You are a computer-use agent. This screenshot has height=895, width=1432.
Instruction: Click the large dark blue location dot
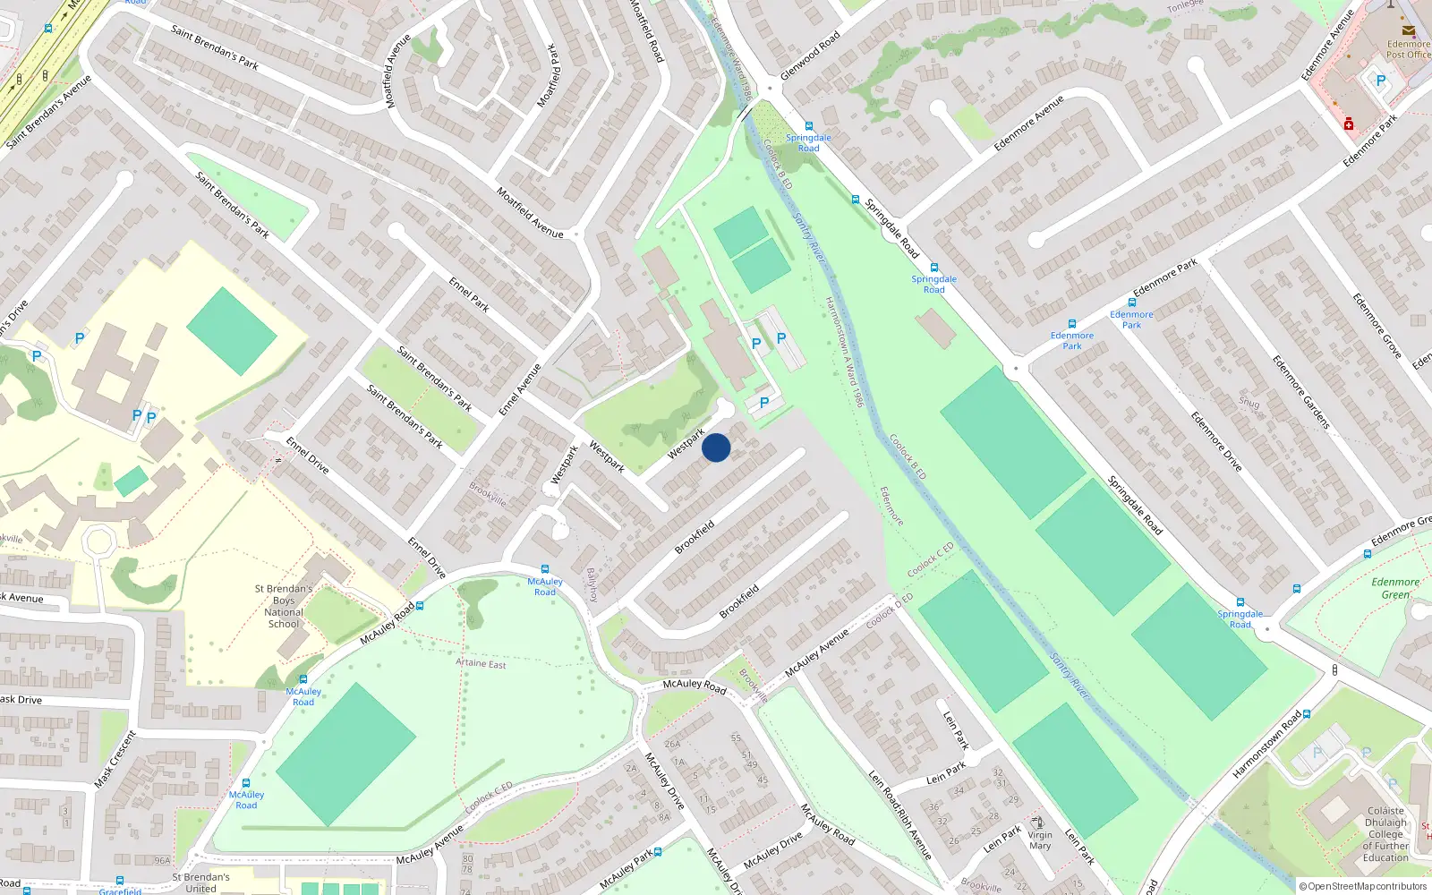click(x=716, y=447)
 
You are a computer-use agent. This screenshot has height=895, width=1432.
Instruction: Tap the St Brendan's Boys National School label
click(x=284, y=607)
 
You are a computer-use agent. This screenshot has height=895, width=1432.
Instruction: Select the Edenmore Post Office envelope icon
click(x=1409, y=30)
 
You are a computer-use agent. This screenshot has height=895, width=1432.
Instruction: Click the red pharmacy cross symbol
click(x=1349, y=124)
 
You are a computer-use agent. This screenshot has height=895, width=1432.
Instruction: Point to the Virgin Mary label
click(x=1040, y=840)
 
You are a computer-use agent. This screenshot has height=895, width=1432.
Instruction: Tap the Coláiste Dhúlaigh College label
click(x=1385, y=834)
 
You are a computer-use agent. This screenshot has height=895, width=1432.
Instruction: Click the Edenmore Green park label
click(x=1395, y=588)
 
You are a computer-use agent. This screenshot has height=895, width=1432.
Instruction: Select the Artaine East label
click(x=481, y=663)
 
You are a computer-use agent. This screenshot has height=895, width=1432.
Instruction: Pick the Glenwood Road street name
click(x=810, y=55)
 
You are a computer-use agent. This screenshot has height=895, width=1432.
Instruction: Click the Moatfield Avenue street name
click(x=530, y=212)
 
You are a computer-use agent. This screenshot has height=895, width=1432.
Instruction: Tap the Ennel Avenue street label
click(x=520, y=389)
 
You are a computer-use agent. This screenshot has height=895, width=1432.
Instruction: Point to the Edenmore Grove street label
click(x=1377, y=326)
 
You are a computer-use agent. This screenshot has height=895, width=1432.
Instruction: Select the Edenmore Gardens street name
click(x=1301, y=392)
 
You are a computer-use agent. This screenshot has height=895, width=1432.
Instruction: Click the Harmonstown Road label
click(x=1266, y=745)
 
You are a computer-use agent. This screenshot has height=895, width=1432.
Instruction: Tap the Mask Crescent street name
click(x=115, y=760)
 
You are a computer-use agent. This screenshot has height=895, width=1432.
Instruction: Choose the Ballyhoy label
click(x=592, y=584)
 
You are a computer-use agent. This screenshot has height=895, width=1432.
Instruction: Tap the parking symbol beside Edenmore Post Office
click(x=1380, y=81)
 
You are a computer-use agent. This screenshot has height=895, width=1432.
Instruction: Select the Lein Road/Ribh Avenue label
click(x=900, y=814)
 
